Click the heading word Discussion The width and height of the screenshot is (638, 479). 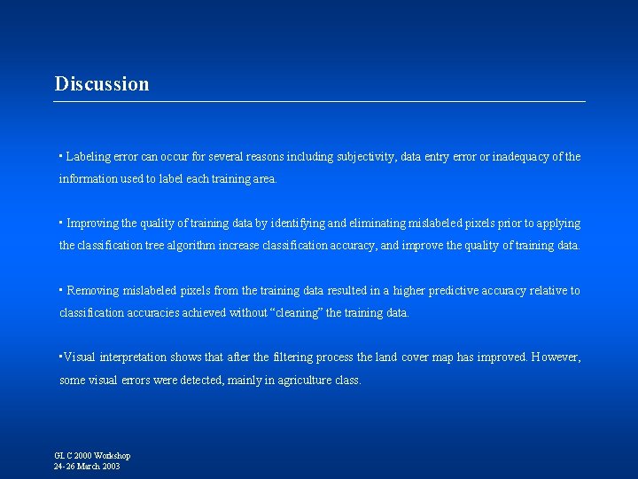click(x=102, y=84)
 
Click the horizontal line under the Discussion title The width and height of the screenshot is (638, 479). click(x=319, y=102)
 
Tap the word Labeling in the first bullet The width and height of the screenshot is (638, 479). click(x=89, y=157)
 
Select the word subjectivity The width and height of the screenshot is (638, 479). click(x=365, y=157)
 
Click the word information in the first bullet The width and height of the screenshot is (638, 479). click(x=88, y=179)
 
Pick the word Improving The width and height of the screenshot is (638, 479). click(x=94, y=224)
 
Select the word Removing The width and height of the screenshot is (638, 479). click(x=93, y=291)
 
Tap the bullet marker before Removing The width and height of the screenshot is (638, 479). click(x=60, y=289)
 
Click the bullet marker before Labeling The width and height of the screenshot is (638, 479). click(x=60, y=155)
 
